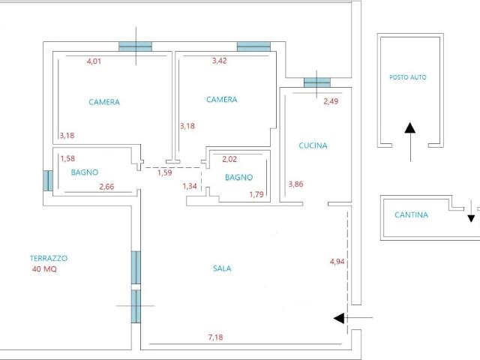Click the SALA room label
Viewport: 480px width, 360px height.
(222, 268)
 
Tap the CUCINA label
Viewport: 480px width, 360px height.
(313, 145)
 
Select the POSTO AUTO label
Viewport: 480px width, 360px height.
(408, 77)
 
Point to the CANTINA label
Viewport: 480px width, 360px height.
(411, 214)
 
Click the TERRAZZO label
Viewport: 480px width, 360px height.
(49, 258)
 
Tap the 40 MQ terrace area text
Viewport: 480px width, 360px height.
(44, 269)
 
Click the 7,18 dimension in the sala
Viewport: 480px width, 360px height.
(215, 337)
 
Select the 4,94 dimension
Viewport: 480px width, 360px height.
(337, 262)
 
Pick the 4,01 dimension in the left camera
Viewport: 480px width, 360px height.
(94, 61)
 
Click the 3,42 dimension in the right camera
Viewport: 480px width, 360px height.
(220, 61)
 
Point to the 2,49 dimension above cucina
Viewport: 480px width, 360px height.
(331, 101)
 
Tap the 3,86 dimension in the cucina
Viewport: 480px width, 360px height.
(295, 184)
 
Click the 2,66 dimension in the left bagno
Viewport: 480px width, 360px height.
(106, 187)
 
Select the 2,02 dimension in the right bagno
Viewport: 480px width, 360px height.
(229, 159)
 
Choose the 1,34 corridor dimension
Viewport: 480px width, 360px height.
(190, 186)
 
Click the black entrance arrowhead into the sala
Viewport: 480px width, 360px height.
(338, 318)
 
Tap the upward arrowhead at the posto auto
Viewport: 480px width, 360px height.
(410, 128)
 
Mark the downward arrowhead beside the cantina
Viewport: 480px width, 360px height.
(471, 218)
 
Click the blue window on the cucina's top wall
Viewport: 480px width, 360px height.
(317, 82)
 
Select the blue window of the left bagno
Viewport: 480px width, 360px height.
(48, 181)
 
